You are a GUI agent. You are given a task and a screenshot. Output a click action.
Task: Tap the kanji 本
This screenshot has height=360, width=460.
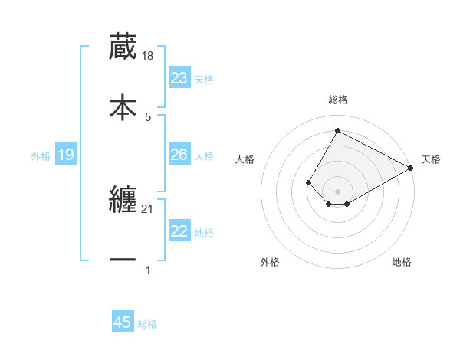[x=123, y=106]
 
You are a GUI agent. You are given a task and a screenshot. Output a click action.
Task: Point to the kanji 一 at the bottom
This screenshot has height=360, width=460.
[x=123, y=260]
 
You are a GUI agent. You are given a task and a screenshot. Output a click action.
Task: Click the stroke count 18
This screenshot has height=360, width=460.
[x=149, y=56]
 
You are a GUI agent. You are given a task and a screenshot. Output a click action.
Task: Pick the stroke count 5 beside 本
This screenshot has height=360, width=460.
[x=147, y=116]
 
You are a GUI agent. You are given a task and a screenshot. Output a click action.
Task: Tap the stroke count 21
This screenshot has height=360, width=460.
[x=149, y=209]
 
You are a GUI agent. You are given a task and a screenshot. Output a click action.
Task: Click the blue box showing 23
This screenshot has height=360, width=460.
[x=179, y=78]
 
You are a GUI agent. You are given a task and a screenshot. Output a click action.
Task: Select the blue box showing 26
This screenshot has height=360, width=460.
[x=179, y=155]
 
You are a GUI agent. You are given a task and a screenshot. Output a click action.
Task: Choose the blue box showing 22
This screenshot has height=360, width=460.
[x=179, y=231]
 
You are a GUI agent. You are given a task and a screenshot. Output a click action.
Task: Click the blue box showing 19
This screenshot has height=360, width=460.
[x=66, y=155]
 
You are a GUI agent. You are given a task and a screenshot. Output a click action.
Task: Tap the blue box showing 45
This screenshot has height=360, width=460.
[x=123, y=322]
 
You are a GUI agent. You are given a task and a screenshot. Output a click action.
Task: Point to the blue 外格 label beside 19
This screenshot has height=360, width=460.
[x=41, y=156]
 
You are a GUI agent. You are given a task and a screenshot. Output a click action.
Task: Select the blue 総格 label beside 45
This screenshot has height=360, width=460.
[x=147, y=324]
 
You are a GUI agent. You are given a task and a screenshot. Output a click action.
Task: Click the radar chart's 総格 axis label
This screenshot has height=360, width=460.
[x=337, y=100]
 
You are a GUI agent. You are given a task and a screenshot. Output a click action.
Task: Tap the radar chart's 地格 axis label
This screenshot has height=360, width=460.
[x=402, y=263]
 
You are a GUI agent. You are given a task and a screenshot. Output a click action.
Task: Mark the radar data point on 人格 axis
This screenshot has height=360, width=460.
[x=308, y=182]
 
